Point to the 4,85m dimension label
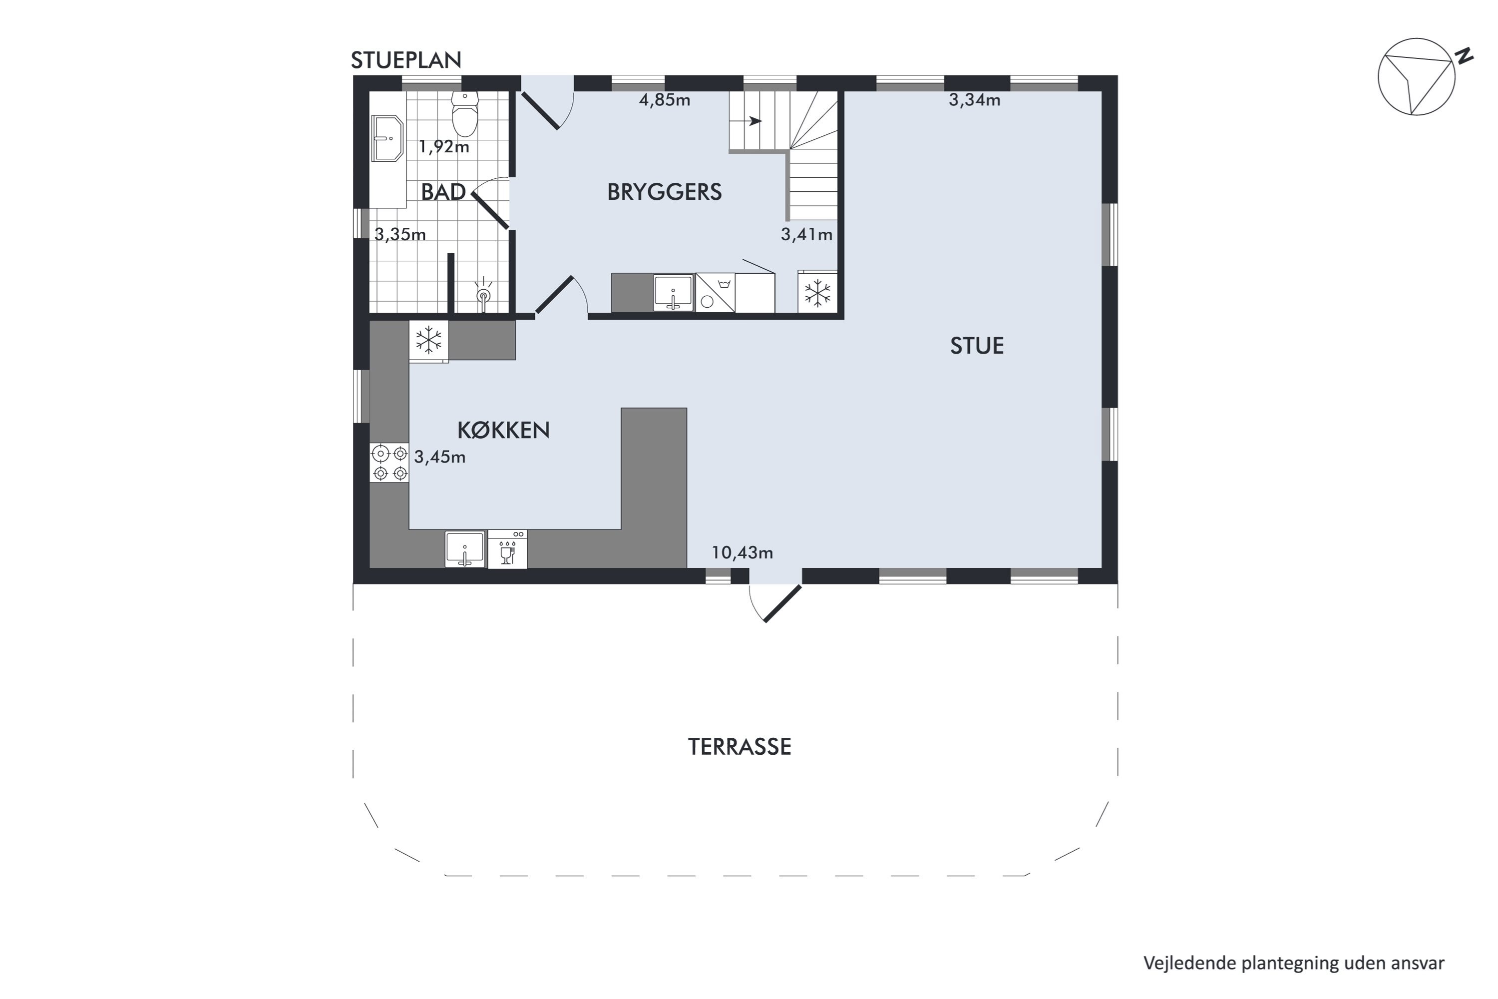click(664, 100)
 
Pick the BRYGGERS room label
click(664, 192)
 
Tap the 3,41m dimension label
click(806, 234)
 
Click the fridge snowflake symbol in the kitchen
click(428, 340)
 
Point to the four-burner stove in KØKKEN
click(389, 463)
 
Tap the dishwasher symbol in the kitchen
click(508, 548)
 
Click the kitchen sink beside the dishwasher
click(465, 548)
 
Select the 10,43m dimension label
click(742, 552)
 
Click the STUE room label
click(977, 346)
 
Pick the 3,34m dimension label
click(975, 100)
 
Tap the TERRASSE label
click(740, 747)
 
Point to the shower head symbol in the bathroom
click(483, 295)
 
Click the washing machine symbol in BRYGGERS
click(715, 293)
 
